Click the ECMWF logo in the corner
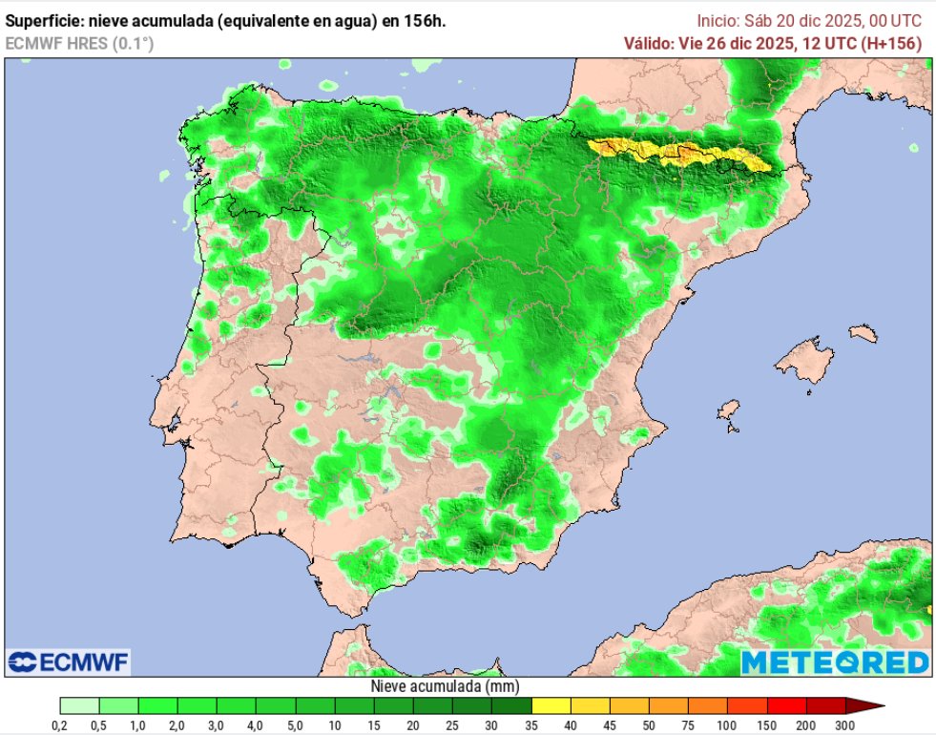click(x=69, y=661)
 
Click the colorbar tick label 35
click(x=530, y=726)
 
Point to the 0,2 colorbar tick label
click(x=59, y=726)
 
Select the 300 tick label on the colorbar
click(x=844, y=726)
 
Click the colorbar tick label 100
click(x=727, y=726)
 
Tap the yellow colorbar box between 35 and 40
click(x=551, y=706)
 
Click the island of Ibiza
click(x=729, y=412)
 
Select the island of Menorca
click(x=863, y=333)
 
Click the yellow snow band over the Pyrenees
click(x=677, y=154)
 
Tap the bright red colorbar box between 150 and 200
click(x=785, y=706)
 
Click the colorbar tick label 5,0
click(x=295, y=726)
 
